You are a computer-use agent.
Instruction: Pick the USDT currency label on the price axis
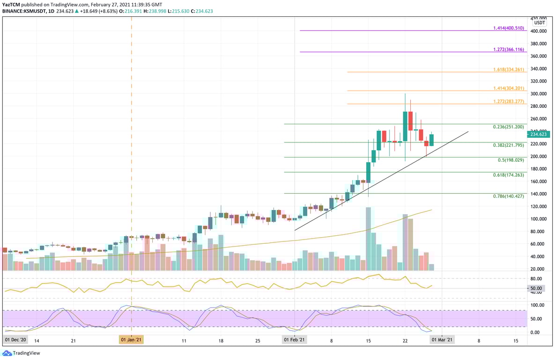(x=540, y=22)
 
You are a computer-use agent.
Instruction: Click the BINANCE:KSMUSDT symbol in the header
(x=24, y=12)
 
